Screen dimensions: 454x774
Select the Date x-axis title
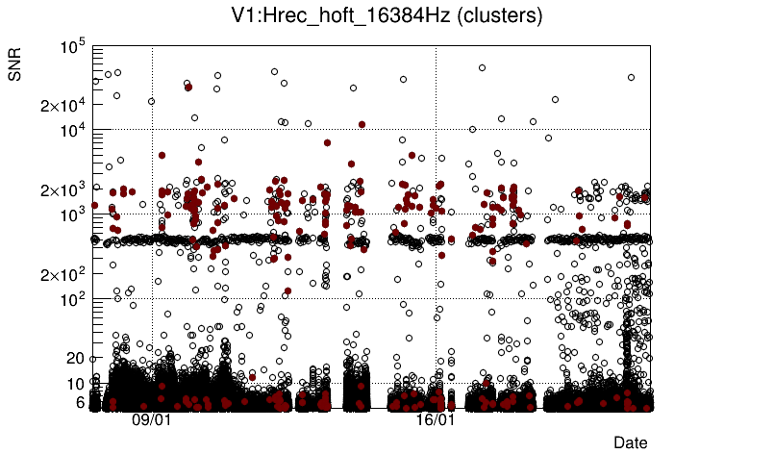tap(630, 442)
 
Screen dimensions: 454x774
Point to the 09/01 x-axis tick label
tap(151, 420)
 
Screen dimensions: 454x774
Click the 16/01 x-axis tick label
tap(435, 420)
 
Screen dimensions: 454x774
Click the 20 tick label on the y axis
tap(77, 358)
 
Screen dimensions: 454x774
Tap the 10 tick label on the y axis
tap(77, 384)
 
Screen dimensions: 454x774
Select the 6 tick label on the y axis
tap(81, 402)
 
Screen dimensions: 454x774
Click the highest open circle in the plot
tap(482, 67)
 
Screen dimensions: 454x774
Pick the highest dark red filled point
tap(188, 88)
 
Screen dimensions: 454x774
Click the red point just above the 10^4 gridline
tap(362, 124)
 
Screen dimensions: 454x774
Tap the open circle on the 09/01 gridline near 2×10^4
tap(151, 101)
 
